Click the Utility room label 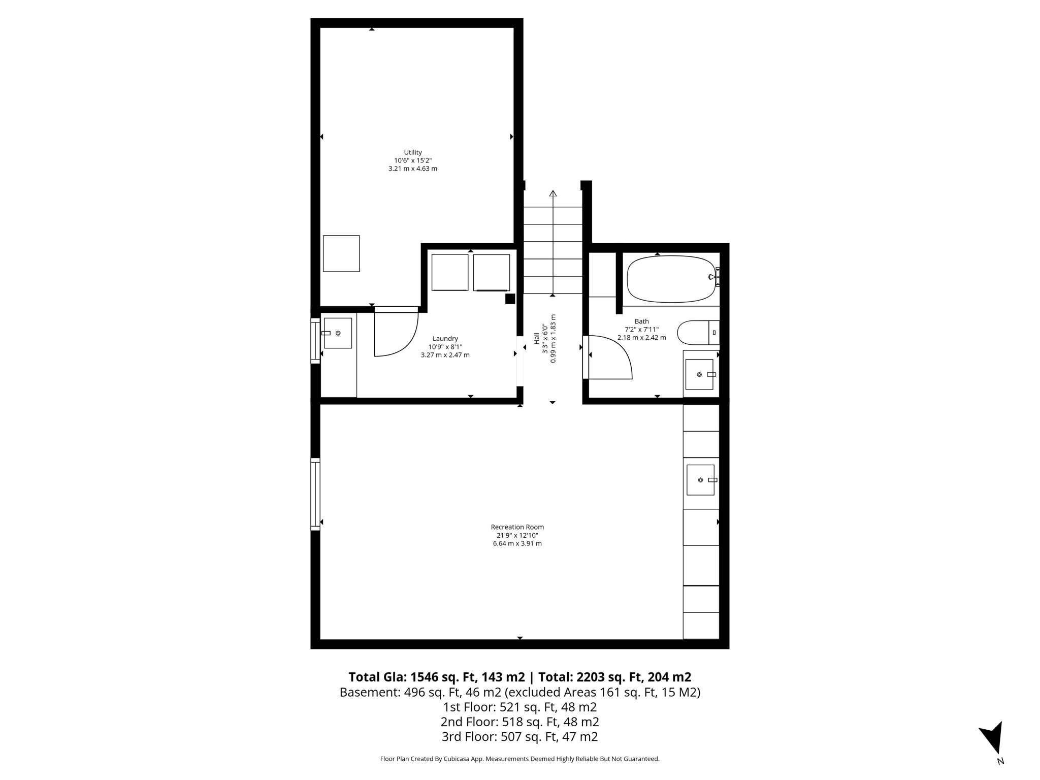point(412,152)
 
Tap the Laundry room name point(445,339)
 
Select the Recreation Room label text point(517,527)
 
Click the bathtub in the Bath point(670,279)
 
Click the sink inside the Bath point(699,374)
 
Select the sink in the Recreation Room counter point(700,480)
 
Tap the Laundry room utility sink point(338,333)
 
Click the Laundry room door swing point(396,333)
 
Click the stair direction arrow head point(553,193)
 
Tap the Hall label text point(537,338)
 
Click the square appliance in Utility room point(341,253)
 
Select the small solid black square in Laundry point(510,299)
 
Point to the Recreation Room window point(315,494)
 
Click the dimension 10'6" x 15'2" point(412,160)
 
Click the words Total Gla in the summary point(377,677)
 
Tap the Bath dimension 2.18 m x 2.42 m point(641,338)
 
